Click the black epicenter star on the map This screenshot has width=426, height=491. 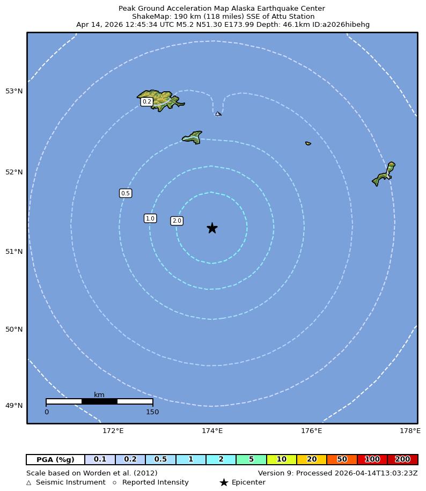[x=212, y=228]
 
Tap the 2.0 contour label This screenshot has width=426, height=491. [x=177, y=221]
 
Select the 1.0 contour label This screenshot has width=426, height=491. [x=150, y=218]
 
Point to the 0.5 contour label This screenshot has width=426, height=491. [x=126, y=193]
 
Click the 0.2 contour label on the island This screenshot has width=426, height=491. [x=146, y=101]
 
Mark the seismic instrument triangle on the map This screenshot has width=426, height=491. [x=218, y=114]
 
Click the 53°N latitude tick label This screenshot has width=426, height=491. [x=14, y=91]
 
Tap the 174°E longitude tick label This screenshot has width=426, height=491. [x=212, y=431]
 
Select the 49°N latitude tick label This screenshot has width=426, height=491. [x=14, y=406]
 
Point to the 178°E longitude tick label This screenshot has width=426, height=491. [x=410, y=431]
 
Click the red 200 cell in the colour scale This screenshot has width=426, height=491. [x=402, y=459]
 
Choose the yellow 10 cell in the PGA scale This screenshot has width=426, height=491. [x=281, y=459]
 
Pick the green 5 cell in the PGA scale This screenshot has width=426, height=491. [x=251, y=459]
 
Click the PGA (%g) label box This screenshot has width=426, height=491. [x=55, y=459]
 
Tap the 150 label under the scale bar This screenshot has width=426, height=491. [x=152, y=412]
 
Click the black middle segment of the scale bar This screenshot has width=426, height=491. [x=99, y=401]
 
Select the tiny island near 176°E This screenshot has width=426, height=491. [x=308, y=143]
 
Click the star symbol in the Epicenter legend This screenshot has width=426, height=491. [x=224, y=482]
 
